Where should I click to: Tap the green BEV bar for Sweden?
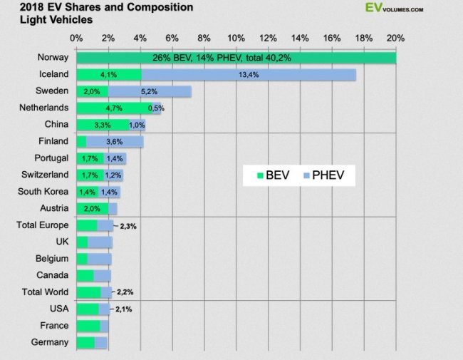click(91, 91)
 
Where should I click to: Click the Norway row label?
click(52, 57)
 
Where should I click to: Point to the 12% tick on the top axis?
click(268, 38)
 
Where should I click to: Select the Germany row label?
click(51, 342)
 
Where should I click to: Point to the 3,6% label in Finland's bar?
click(115, 142)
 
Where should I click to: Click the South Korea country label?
click(43, 192)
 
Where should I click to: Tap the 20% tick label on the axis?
click(395, 38)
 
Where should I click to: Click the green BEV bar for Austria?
click(92, 209)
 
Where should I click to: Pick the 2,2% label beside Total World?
click(125, 292)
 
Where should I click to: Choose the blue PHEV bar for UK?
click(100, 242)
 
